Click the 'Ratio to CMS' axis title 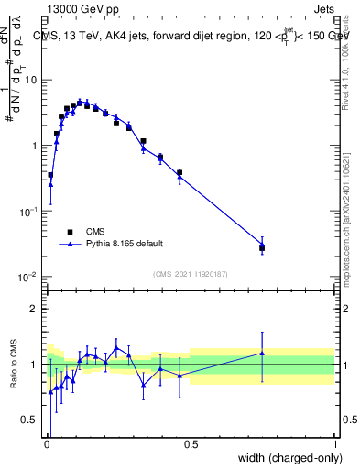pos(14,365)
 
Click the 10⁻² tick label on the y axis pos(28,277)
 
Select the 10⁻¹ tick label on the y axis pos(28,211)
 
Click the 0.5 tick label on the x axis pos(191,444)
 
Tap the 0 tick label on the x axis pos(47,444)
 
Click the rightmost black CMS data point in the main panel pos(262,247)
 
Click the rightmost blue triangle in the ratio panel pos(262,353)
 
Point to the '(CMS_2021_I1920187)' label pos(190,274)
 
